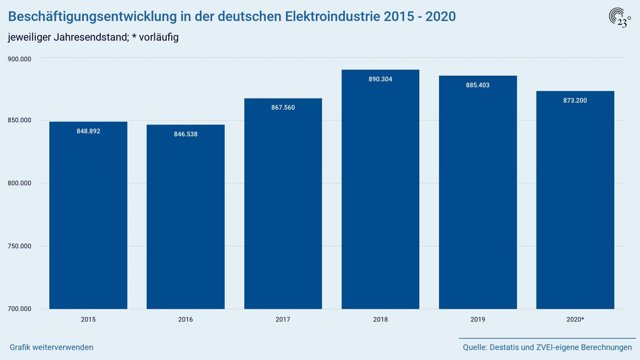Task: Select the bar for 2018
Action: pos(380,189)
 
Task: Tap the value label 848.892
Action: pos(88,131)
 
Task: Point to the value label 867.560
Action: pos(283,107)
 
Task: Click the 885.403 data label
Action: pos(478,85)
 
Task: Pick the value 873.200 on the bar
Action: pos(575,101)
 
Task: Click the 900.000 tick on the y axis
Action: pos(19,59)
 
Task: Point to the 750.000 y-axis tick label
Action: pos(19,246)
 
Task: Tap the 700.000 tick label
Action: pos(19,309)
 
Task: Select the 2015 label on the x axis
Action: pos(88,319)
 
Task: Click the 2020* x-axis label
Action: pos(575,319)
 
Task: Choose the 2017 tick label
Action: pos(283,319)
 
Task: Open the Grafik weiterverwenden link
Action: pos(51,347)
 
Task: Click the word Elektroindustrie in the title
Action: pos(333,17)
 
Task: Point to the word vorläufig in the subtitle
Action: pos(159,37)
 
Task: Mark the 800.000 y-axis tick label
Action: pos(19,183)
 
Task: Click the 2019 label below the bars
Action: pos(478,319)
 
